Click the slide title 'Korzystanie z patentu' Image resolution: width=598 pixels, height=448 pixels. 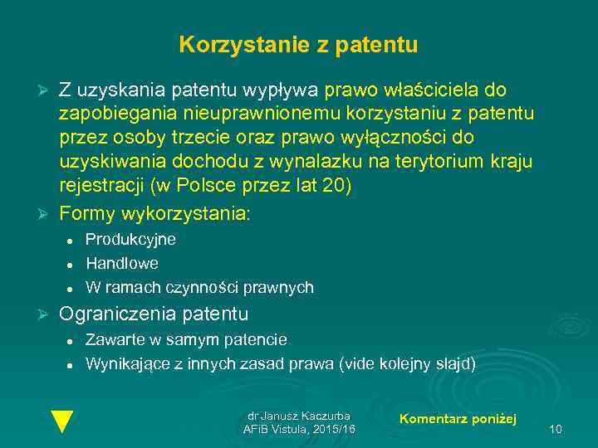(298, 45)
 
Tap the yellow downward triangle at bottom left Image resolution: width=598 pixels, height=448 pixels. (61, 421)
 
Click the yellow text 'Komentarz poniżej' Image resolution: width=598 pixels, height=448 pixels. (458, 419)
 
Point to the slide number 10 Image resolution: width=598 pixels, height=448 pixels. (556, 429)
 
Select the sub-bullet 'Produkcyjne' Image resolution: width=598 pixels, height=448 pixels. (130, 239)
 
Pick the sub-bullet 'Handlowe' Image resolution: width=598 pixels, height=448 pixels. (122, 263)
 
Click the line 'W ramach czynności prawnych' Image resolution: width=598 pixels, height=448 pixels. (199, 288)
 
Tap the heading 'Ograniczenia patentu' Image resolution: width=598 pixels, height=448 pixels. (154, 314)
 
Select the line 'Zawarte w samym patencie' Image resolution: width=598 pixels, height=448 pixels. (186, 339)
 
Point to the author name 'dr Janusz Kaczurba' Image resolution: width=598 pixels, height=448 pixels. (299, 416)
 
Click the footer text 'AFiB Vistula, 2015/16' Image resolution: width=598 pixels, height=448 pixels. (299, 429)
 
